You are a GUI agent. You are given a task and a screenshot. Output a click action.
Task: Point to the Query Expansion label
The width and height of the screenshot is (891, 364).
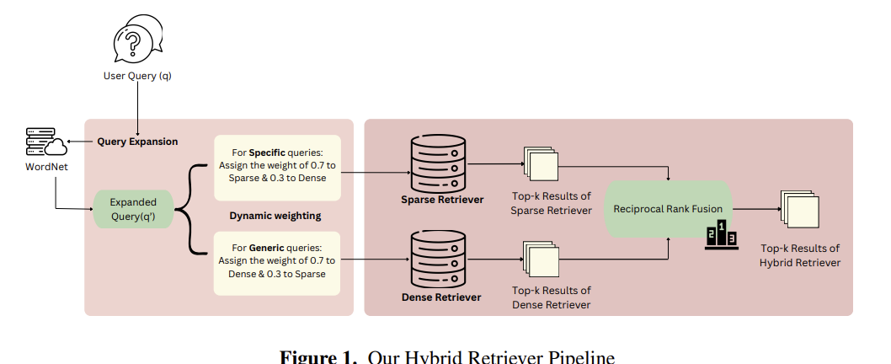[137, 142]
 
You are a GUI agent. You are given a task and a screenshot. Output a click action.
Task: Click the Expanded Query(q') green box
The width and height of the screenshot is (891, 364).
[133, 208]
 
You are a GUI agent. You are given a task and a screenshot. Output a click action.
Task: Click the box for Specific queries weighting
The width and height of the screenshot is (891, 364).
[277, 168]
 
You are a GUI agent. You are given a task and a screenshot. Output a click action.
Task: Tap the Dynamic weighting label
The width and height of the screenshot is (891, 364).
[276, 216]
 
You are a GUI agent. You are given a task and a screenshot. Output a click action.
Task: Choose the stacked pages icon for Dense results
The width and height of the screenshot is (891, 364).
[541, 258]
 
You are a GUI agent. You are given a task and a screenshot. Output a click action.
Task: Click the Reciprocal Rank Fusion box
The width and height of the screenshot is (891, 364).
[668, 208]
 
